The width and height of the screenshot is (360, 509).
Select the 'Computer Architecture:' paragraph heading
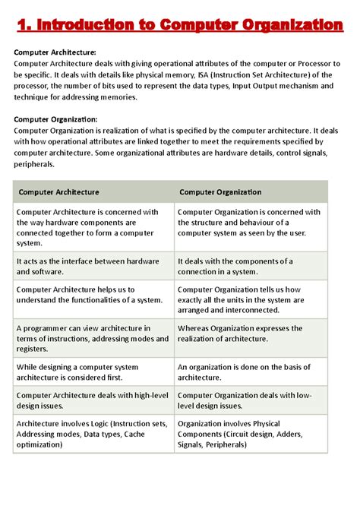click(x=55, y=52)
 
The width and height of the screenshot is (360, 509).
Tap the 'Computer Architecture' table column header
click(x=59, y=192)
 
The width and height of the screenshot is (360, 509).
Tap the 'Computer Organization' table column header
click(x=220, y=192)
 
